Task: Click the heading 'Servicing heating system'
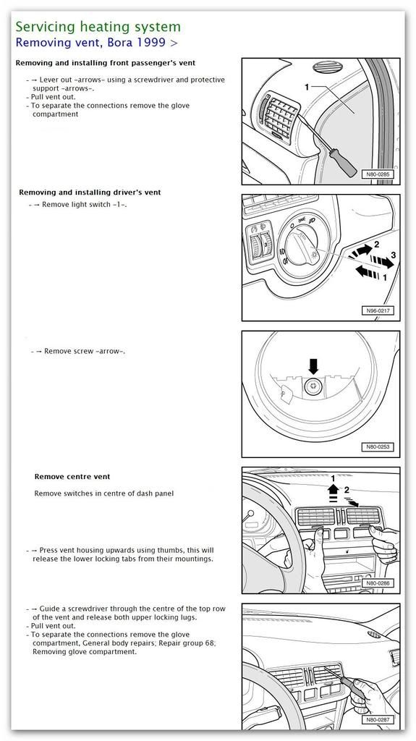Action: coord(98,27)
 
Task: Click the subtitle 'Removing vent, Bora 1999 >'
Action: coord(96,43)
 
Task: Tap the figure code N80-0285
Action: coord(377,174)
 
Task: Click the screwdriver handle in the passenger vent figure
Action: coord(343,163)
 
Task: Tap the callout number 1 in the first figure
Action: coord(307,87)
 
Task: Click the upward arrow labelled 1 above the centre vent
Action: coord(333,491)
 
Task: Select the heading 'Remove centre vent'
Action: coord(72,476)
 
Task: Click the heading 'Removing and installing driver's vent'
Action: coord(90,192)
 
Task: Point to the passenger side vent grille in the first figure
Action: coord(280,115)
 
